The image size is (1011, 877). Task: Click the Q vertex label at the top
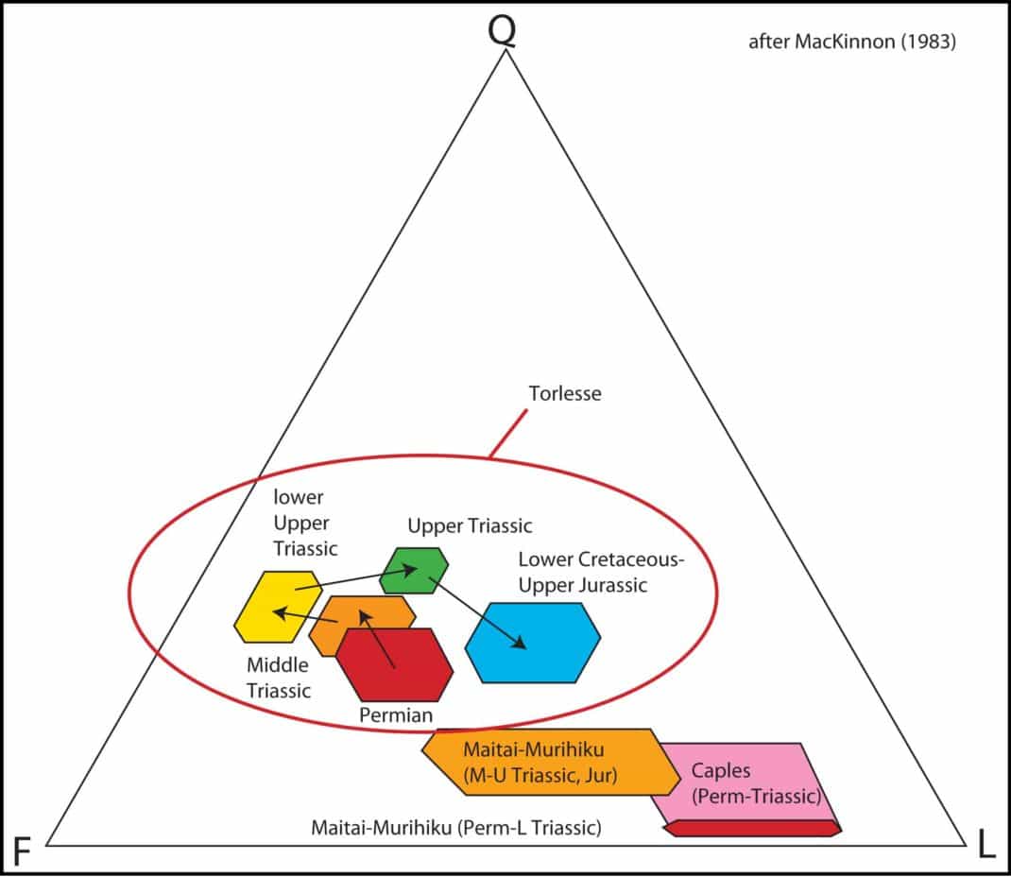click(x=503, y=30)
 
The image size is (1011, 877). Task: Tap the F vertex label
click(x=22, y=851)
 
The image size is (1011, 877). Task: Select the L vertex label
click(x=986, y=844)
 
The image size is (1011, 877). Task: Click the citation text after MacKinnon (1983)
click(x=851, y=42)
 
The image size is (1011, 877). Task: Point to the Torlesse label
click(x=565, y=393)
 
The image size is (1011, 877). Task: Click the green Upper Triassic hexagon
click(x=414, y=571)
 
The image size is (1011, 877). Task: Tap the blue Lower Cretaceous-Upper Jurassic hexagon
click(x=533, y=643)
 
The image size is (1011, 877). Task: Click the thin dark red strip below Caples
click(x=752, y=829)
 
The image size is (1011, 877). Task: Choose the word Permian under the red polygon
click(x=396, y=715)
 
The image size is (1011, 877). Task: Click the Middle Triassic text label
click(x=279, y=678)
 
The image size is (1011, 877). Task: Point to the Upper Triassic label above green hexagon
click(x=470, y=526)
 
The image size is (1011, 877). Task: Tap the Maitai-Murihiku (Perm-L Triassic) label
click(x=455, y=827)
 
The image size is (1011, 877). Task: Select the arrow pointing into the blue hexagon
click(x=478, y=613)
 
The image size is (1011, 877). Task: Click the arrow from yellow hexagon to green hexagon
click(x=356, y=578)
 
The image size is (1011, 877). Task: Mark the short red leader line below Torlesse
click(x=508, y=434)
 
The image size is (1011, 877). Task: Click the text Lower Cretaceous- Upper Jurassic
click(x=601, y=572)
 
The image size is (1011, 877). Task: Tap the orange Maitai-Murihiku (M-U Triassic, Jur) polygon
click(x=551, y=763)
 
